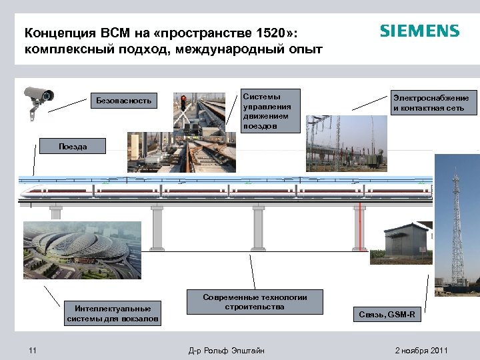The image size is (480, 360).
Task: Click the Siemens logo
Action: (x=419, y=31)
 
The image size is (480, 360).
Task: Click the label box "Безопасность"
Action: (x=124, y=101)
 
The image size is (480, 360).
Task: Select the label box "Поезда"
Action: (x=72, y=147)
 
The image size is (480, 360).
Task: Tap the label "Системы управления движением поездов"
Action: (x=269, y=111)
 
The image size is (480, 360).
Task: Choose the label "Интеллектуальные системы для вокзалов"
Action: (x=113, y=313)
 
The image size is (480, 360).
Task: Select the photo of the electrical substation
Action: (x=346, y=143)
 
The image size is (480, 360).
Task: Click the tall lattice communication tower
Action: (x=457, y=227)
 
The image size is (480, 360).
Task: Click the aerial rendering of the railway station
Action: (x=82, y=250)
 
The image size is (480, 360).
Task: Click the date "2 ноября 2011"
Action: (x=421, y=351)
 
